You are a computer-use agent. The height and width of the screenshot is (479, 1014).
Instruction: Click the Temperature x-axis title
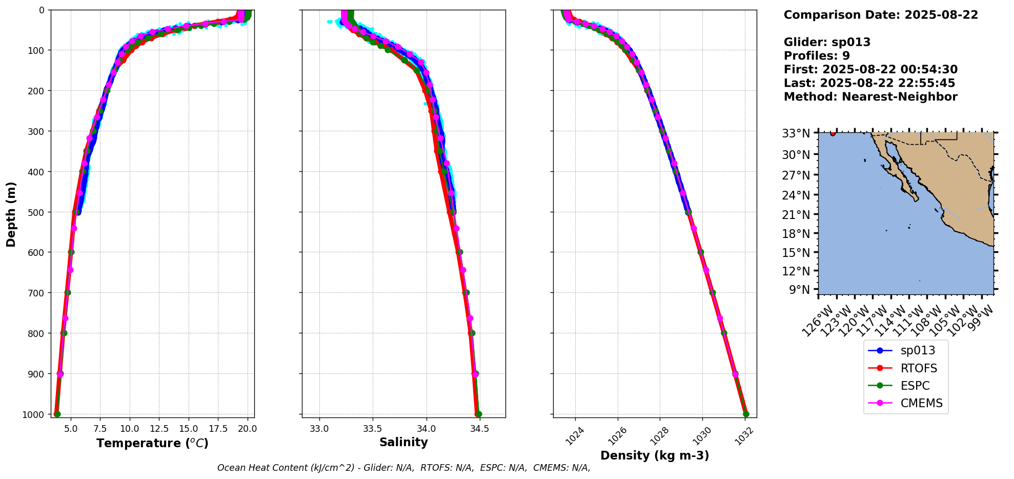tap(152, 443)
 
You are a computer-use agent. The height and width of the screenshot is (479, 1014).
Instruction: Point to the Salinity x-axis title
tap(403, 442)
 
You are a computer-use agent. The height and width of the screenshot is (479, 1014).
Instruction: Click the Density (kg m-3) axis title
tap(655, 455)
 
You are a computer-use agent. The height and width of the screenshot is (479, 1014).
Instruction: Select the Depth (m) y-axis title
tap(11, 214)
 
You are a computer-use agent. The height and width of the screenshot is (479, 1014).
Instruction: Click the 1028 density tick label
tap(659, 435)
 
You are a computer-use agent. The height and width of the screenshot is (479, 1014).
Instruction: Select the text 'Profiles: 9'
tap(817, 56)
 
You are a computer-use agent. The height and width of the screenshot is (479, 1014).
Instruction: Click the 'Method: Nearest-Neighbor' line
tap(870, 97)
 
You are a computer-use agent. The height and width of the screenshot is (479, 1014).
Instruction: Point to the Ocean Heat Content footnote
tap(403, 468)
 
